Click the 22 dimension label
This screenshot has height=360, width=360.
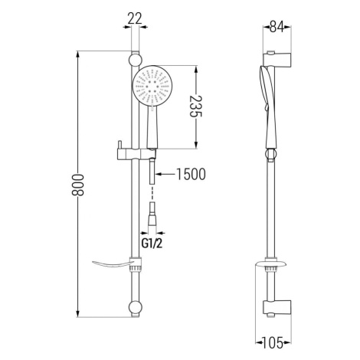click(x=135, y=19)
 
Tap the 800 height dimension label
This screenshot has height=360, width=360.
click(x=77, y=185)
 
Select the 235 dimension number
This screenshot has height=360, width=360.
click(x=196, y=106)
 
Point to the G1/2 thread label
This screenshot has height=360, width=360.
click(x=152, y=244)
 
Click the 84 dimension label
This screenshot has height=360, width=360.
click(x=277, y=27)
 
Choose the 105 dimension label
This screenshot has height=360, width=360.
click(x=273, y=343)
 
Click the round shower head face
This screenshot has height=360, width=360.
click(x=153, y=86)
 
